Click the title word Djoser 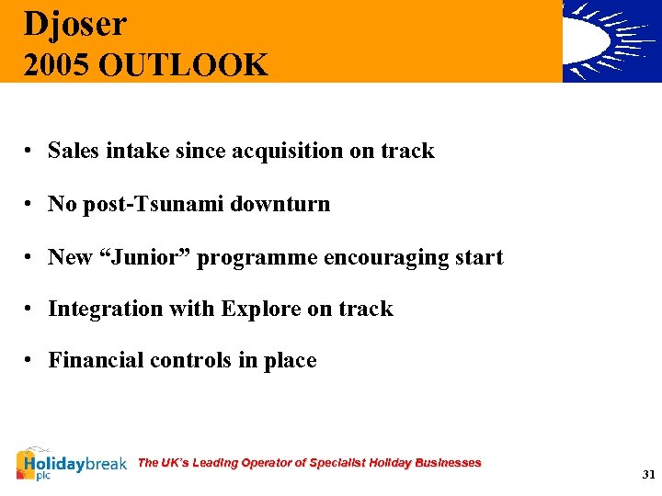pos(75,25)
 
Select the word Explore pos(261,310)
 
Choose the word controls pos(190,360)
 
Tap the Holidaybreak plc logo pos(71,465)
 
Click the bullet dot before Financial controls pos(30,361)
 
